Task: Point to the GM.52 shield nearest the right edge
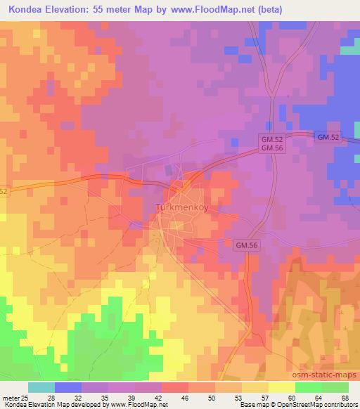[328, 138]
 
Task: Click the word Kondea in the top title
[23, 9]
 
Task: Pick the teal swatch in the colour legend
[41, 387]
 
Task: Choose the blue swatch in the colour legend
[68, 387]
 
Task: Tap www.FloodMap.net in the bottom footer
[134, 405]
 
